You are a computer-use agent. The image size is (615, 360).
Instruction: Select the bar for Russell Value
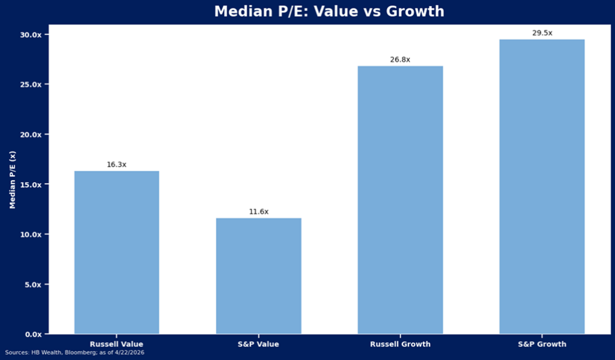tap(117, 252)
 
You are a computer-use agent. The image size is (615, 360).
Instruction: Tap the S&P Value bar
tap(258, 276)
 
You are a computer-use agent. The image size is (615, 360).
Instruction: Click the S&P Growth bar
tap(542, 186)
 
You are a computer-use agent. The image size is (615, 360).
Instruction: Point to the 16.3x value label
tap(117, 164)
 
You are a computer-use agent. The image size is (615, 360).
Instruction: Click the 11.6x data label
tap(258, 212)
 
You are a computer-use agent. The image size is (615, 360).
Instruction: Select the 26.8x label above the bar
tap(400, 59)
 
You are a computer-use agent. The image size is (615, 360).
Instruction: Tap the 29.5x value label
tap(542, 33)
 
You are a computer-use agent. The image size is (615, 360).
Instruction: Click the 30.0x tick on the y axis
tap(30, 35)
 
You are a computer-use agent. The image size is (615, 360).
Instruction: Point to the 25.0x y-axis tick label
tap(30, 85)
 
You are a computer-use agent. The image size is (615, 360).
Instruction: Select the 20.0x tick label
tap(30, 135)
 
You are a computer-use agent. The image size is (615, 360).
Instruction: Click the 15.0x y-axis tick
tap(30, 185)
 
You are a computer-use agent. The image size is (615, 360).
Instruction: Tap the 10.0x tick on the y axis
tap(30, 234)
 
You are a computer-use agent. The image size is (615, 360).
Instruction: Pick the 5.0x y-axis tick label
tap(32, 284)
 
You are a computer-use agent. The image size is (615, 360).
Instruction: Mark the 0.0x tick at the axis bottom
tap(32, 334)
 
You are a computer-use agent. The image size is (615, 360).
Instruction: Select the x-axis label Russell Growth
tap(400, 344)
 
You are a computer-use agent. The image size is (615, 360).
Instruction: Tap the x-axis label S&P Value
tap(258, 344)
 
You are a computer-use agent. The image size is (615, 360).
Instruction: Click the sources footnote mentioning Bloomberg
tap(74, 353)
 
